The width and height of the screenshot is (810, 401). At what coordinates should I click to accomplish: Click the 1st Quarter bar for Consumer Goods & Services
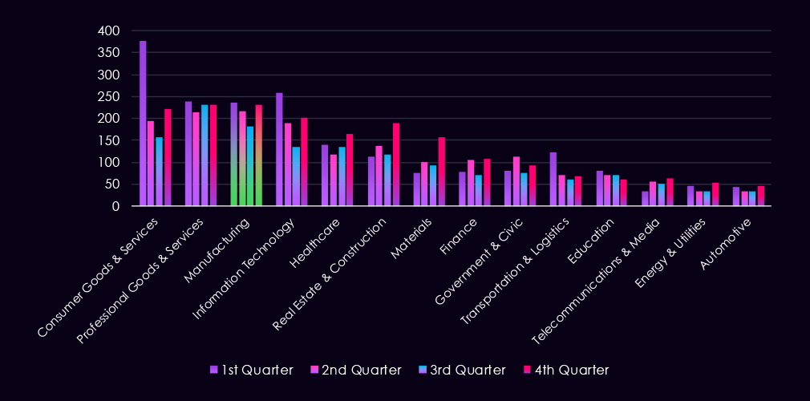[x=143, y=124]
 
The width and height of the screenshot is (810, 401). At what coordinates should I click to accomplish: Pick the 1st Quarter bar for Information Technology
[x=279, y=149]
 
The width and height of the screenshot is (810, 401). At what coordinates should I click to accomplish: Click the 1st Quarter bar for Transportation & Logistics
[x=553, y=179]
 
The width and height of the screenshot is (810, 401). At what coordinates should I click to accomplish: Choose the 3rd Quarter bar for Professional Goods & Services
[x=205, y=156]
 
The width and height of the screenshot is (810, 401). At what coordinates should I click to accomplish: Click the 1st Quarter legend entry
[x=251, y=370]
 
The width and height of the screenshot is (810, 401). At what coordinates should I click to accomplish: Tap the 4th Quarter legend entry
[x=571, y=370]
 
